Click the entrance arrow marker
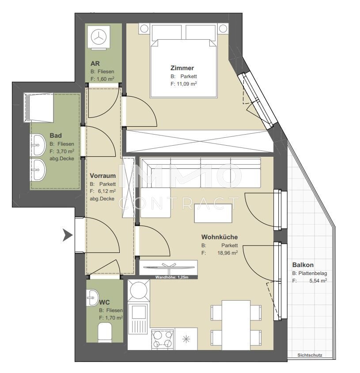[x=68, y=236]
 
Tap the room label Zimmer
[x=182, y=68]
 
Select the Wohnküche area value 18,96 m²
[x=227, y=252]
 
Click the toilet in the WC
[x=105, y=332]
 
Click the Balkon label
[x=303, y=265]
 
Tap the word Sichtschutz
[x=310, y=355]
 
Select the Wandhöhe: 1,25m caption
[x=172, y=277]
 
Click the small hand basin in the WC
[x=92, y=298]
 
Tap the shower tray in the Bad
[x=38, y=108]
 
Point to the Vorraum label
[x=102, y=176]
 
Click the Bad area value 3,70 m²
[x=64, y=151]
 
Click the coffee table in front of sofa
[x=213, y=213]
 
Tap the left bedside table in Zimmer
[x=144, y=29]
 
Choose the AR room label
[x=95, y=64]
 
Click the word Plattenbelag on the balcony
[x=313, y=273]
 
